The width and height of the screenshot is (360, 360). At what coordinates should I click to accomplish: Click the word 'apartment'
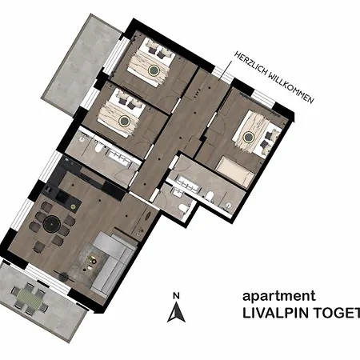click(272, 295)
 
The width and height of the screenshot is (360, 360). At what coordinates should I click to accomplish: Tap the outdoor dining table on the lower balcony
click(29, 297)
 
